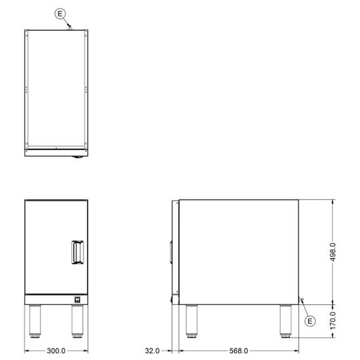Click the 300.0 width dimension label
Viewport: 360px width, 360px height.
tap(56, 350)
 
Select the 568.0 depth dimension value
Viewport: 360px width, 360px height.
tap(239, 350)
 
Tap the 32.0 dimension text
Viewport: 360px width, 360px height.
tap(152, 350)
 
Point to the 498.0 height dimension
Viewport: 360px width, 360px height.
tap(333, 252)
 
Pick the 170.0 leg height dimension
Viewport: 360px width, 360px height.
tap(333, 321)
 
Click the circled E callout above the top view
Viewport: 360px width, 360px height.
tap(60, 14)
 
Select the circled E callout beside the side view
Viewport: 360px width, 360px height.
tap(310, 321)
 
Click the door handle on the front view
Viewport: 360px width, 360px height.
tap(77, 252)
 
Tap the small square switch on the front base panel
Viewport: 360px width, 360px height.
tap(77, 300)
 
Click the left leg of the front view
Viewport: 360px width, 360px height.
tap(35, 321)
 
